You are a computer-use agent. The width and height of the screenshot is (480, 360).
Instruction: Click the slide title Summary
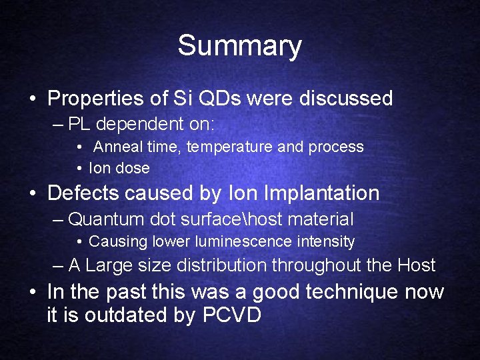(239, 47)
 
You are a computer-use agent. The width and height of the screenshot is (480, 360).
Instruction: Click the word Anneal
(115, 147)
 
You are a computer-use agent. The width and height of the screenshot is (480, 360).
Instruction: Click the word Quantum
(105, 219)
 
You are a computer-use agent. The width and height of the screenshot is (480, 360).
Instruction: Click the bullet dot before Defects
(33, 194)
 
